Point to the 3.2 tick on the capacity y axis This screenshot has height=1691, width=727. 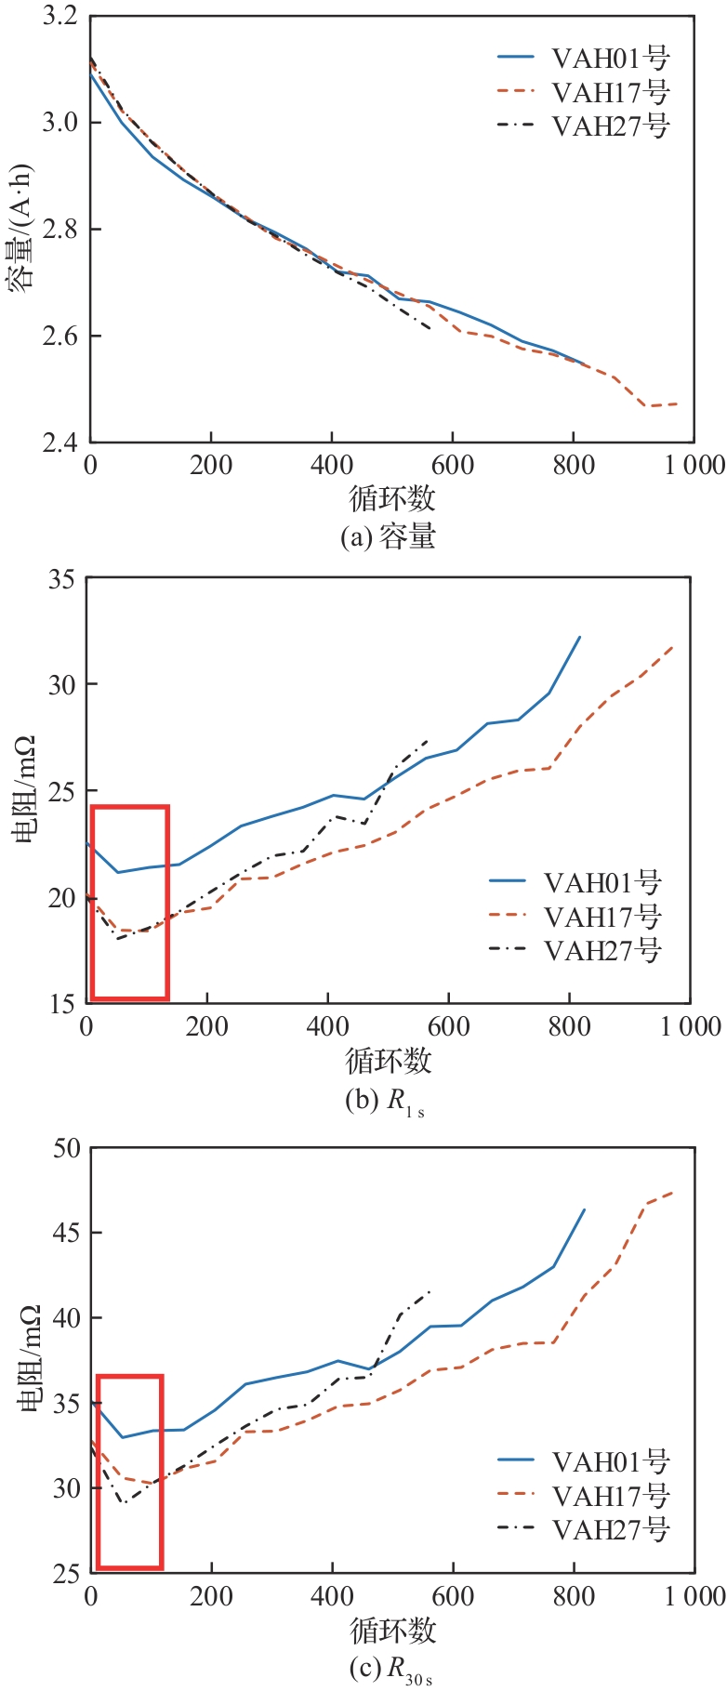(x=59, y=17)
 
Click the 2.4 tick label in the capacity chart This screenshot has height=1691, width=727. (x=59, y=443)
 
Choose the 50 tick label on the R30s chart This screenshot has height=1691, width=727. (x=67, y=1148)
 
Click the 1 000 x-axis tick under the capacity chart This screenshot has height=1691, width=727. (x=690, y=465)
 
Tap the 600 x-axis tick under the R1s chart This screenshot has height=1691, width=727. (x=449, y=1026)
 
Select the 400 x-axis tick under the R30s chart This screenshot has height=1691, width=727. (x=332, y=1596)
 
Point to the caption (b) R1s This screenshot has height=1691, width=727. (x=385, y=1103)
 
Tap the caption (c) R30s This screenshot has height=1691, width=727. (x=390, y=1671)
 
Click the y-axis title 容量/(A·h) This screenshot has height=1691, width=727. (x=22, y=230)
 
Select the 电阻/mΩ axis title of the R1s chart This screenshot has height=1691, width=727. (x=24, y=791)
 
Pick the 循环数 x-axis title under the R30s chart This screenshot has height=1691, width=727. (x=392, y=1629)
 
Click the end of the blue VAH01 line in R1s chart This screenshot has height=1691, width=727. (x=580, y=637)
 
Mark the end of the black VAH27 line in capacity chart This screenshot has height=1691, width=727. (x=430, y=328)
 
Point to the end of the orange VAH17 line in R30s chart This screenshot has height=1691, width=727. (x=672, y=1192)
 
